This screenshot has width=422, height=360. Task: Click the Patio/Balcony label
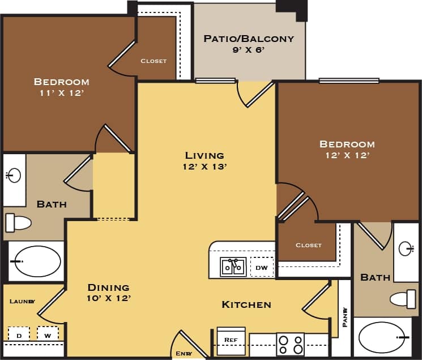click(x=249, y=39)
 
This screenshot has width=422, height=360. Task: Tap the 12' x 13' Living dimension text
click(x=204, y=167)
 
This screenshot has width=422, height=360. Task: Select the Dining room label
click(x=108, y=287)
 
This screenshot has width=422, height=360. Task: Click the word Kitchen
click(x=246, y=305)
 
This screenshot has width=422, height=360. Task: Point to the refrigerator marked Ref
click(x=231, y=340)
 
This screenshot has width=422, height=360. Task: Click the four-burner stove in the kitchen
click(x=289, y=344)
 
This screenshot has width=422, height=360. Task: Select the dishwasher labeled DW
click(x=262, y=267)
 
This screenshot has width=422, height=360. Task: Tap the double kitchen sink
click(x=233, y=266)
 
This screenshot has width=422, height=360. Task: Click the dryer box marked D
click(x=19, y=335)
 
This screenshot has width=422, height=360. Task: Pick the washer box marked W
click(x=48, y=335)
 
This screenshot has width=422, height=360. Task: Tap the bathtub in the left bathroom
click(x=37, y=261)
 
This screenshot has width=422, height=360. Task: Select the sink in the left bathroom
click(x=14, y=175)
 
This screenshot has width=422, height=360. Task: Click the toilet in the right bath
click(x=403, y=298)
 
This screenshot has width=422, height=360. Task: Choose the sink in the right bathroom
click(x=406, y=248)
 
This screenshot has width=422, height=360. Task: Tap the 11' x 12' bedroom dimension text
click(x=61, y=92)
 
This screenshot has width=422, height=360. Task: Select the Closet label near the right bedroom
click(x=308, y=245)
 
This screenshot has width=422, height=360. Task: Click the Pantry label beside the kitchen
click(x=344, y=317)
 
